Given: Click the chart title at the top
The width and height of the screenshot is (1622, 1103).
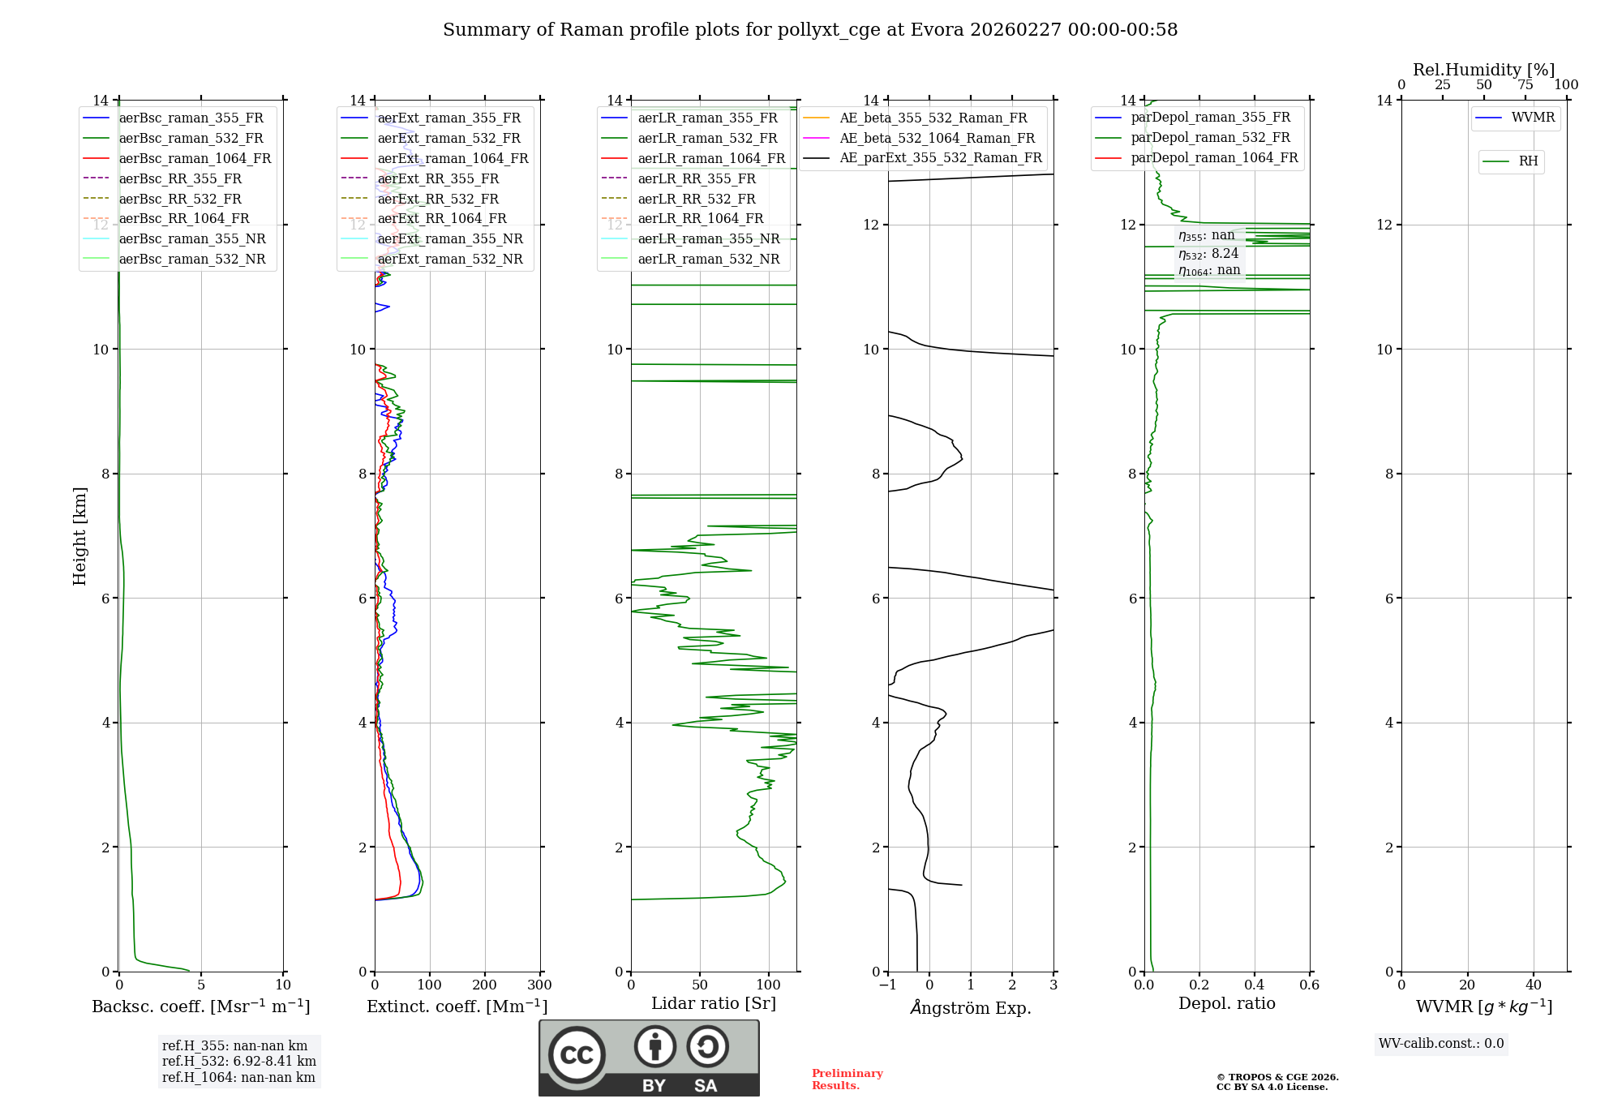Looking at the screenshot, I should (x=809, y=30).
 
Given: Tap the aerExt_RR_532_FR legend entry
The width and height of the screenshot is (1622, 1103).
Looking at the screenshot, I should (x=438, y=199).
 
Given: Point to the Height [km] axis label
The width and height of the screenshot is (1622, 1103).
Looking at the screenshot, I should (x=79, y=536).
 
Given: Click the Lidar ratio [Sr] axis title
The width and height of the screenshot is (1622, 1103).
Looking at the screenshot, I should (x=714, y=1003).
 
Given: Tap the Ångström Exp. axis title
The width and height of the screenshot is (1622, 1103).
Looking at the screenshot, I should (x=971, y=1007).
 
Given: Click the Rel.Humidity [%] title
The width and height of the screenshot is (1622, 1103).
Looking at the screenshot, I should (x=1483, y=70).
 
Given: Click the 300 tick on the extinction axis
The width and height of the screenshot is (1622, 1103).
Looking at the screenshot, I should (x=539, y=985).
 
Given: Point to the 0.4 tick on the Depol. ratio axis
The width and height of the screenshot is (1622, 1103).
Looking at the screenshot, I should (x=1254, y=985).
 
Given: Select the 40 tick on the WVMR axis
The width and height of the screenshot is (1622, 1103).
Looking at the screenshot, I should (x=1533, y=985).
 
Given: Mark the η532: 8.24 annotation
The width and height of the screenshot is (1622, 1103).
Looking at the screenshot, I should (x=1208, y=254).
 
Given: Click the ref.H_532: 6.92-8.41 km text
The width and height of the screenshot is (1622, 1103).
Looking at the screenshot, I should (x=238, y=1062).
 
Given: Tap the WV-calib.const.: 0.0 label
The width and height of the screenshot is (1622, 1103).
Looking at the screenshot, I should (x=1441, y=1044).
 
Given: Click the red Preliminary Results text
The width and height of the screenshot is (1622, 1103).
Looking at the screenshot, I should (x=847, y=1079).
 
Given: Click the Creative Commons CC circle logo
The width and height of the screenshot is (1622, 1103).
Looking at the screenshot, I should (x=577, y=1055).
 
